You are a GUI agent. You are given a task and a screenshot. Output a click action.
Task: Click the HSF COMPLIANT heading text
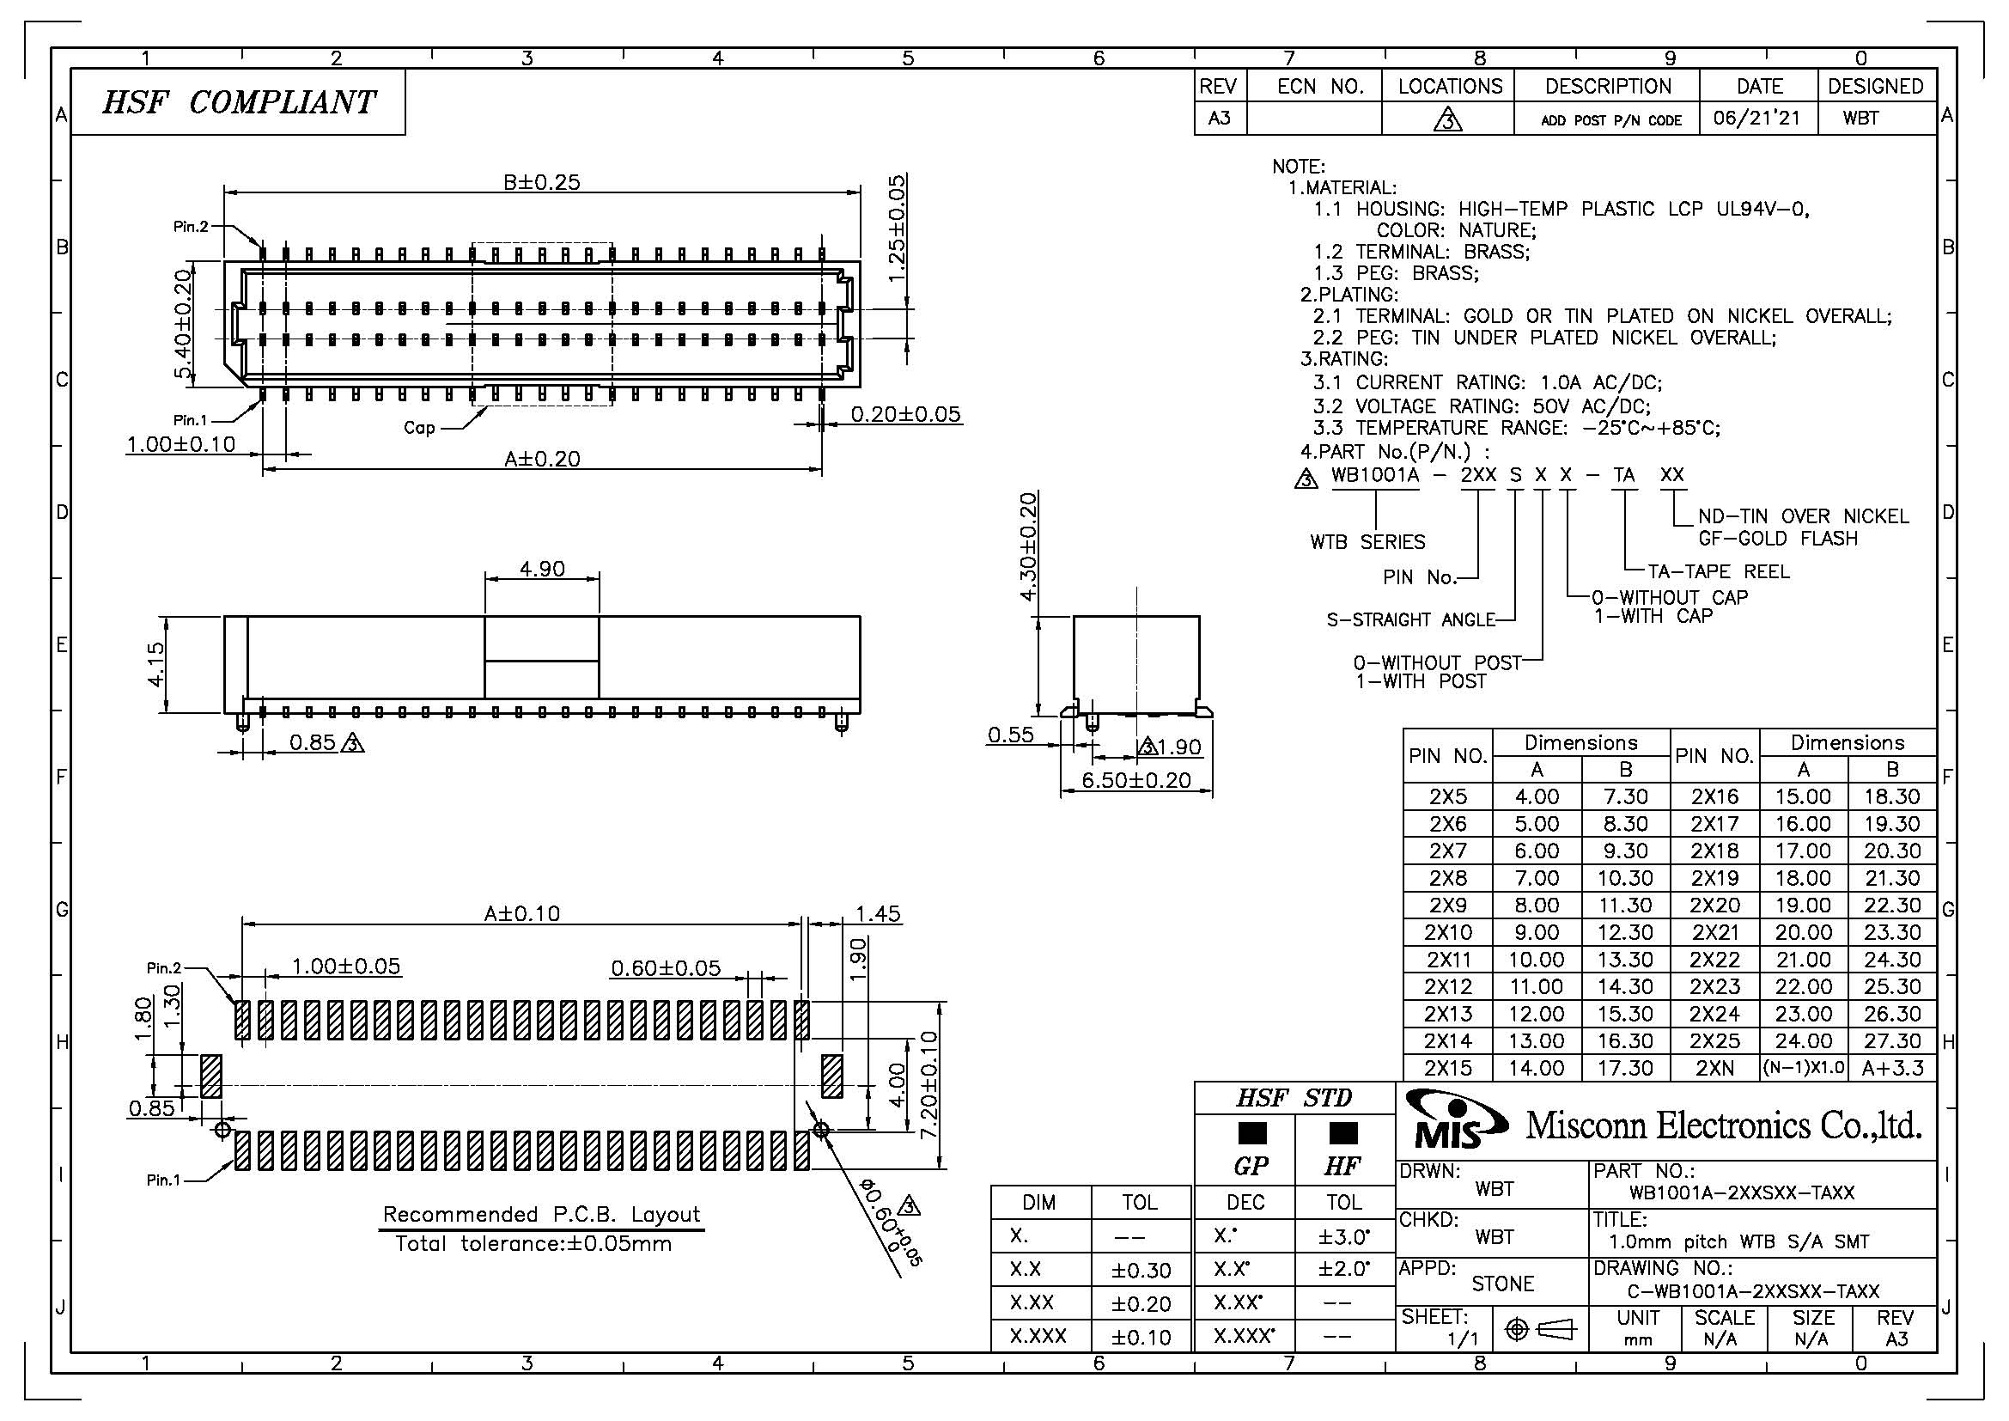tap(238, 102)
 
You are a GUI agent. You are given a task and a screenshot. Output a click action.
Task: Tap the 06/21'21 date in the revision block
tap(1757, 118)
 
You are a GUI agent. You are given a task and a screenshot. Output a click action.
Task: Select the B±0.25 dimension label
tap(542, 182)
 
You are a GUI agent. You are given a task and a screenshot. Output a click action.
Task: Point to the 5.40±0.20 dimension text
tap(183, 325)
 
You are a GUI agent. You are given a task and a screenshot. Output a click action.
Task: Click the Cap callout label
tap(419, 428)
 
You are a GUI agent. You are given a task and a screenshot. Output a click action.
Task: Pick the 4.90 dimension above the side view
tap(542, 569)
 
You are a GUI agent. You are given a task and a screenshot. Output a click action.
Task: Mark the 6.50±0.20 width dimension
tap(1135, 779)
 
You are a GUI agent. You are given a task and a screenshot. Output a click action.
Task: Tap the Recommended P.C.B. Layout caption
tap(542, 1215)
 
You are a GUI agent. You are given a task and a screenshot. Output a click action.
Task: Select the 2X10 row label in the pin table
tap(1447, 932)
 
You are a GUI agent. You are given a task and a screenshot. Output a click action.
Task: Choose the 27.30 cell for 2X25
tap(1891, 1040)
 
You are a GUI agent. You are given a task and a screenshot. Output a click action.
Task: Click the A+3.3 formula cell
tap(1891, 1068)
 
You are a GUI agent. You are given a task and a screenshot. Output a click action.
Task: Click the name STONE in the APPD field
tap(1502, 1284)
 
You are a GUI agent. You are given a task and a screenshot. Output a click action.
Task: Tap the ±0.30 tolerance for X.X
tap(1140, 1270)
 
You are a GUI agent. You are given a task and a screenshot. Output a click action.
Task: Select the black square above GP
tap(1252, 1134)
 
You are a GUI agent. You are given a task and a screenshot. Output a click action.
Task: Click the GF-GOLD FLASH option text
tap(1777, 539)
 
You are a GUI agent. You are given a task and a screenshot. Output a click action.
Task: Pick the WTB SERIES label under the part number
tap(1367, 542)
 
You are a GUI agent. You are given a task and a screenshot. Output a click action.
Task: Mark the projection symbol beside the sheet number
tap(1538, 1329)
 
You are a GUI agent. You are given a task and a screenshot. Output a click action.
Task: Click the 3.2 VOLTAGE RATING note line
tap(1482, 406)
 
